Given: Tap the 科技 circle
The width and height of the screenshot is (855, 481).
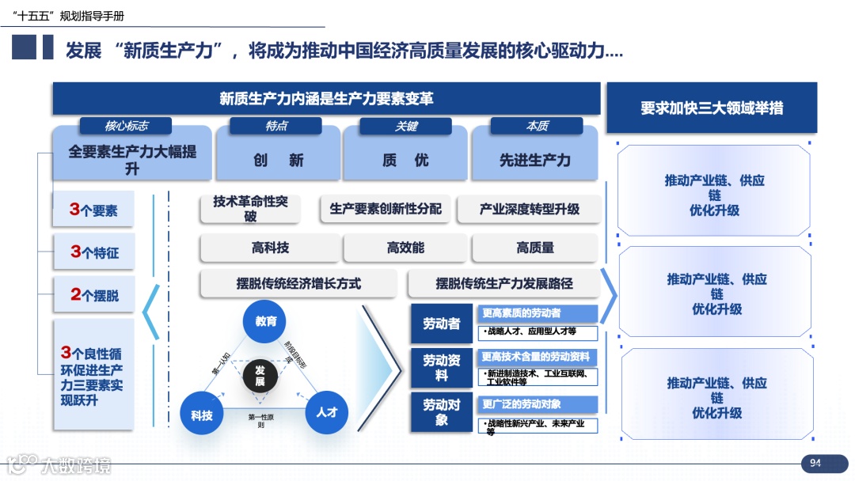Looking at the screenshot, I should coord(202,413).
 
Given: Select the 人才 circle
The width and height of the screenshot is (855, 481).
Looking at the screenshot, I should coord(326,411).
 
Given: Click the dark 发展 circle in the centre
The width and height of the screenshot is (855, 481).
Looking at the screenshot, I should coord(260,376).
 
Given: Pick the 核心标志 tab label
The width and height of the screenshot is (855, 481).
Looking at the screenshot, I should coord(126,126).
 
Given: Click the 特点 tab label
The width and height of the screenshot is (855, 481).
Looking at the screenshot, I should coord(275,126).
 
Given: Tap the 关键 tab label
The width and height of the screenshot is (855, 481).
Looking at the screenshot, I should coord(405,126).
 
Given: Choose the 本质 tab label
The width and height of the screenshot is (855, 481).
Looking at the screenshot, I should coord(537,126).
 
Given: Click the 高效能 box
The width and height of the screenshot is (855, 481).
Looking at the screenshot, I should coord(405,248).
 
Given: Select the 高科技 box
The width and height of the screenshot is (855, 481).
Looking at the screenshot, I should coord(270,248).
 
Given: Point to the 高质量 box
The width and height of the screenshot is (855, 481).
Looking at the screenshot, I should coord(535,248).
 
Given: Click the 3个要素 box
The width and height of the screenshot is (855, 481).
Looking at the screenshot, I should coord(93,210).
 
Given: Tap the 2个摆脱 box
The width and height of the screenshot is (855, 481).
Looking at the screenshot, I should coord(93,294).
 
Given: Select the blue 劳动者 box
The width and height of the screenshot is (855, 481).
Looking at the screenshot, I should coord(441,323).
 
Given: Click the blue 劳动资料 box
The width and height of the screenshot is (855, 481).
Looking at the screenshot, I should coord(441,367).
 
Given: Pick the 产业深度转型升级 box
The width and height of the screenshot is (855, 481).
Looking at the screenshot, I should coord(529,209).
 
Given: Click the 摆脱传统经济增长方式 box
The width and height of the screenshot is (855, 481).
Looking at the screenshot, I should coord(298,282).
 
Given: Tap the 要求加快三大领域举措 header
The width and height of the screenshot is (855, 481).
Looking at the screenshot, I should coord(711,108).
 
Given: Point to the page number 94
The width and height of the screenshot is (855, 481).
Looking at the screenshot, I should coord(815,463).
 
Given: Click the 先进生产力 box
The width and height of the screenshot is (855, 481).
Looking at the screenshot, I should coord(534,160).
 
